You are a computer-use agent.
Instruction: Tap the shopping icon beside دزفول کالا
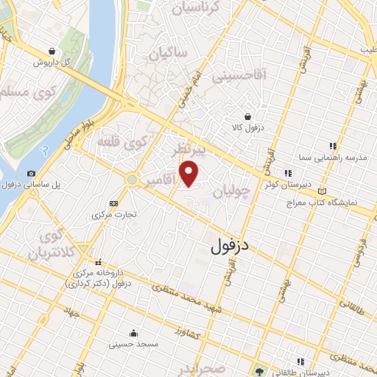point(247,116)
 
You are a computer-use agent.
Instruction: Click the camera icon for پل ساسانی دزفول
point(31,174)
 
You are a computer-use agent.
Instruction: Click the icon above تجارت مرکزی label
point(113,203)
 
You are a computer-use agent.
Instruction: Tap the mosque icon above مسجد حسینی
point(133,331)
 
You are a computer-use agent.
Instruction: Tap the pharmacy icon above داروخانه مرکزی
point(98,261)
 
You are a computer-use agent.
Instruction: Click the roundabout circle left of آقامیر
point(131,180)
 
